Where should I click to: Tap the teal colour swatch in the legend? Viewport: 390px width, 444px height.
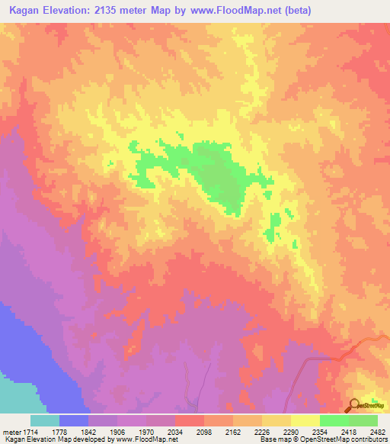[45, 420]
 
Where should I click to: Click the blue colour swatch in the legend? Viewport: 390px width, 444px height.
[74, 420]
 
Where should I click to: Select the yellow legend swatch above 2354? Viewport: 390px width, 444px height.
[305, 420]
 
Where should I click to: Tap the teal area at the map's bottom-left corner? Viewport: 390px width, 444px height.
[15, 397]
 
